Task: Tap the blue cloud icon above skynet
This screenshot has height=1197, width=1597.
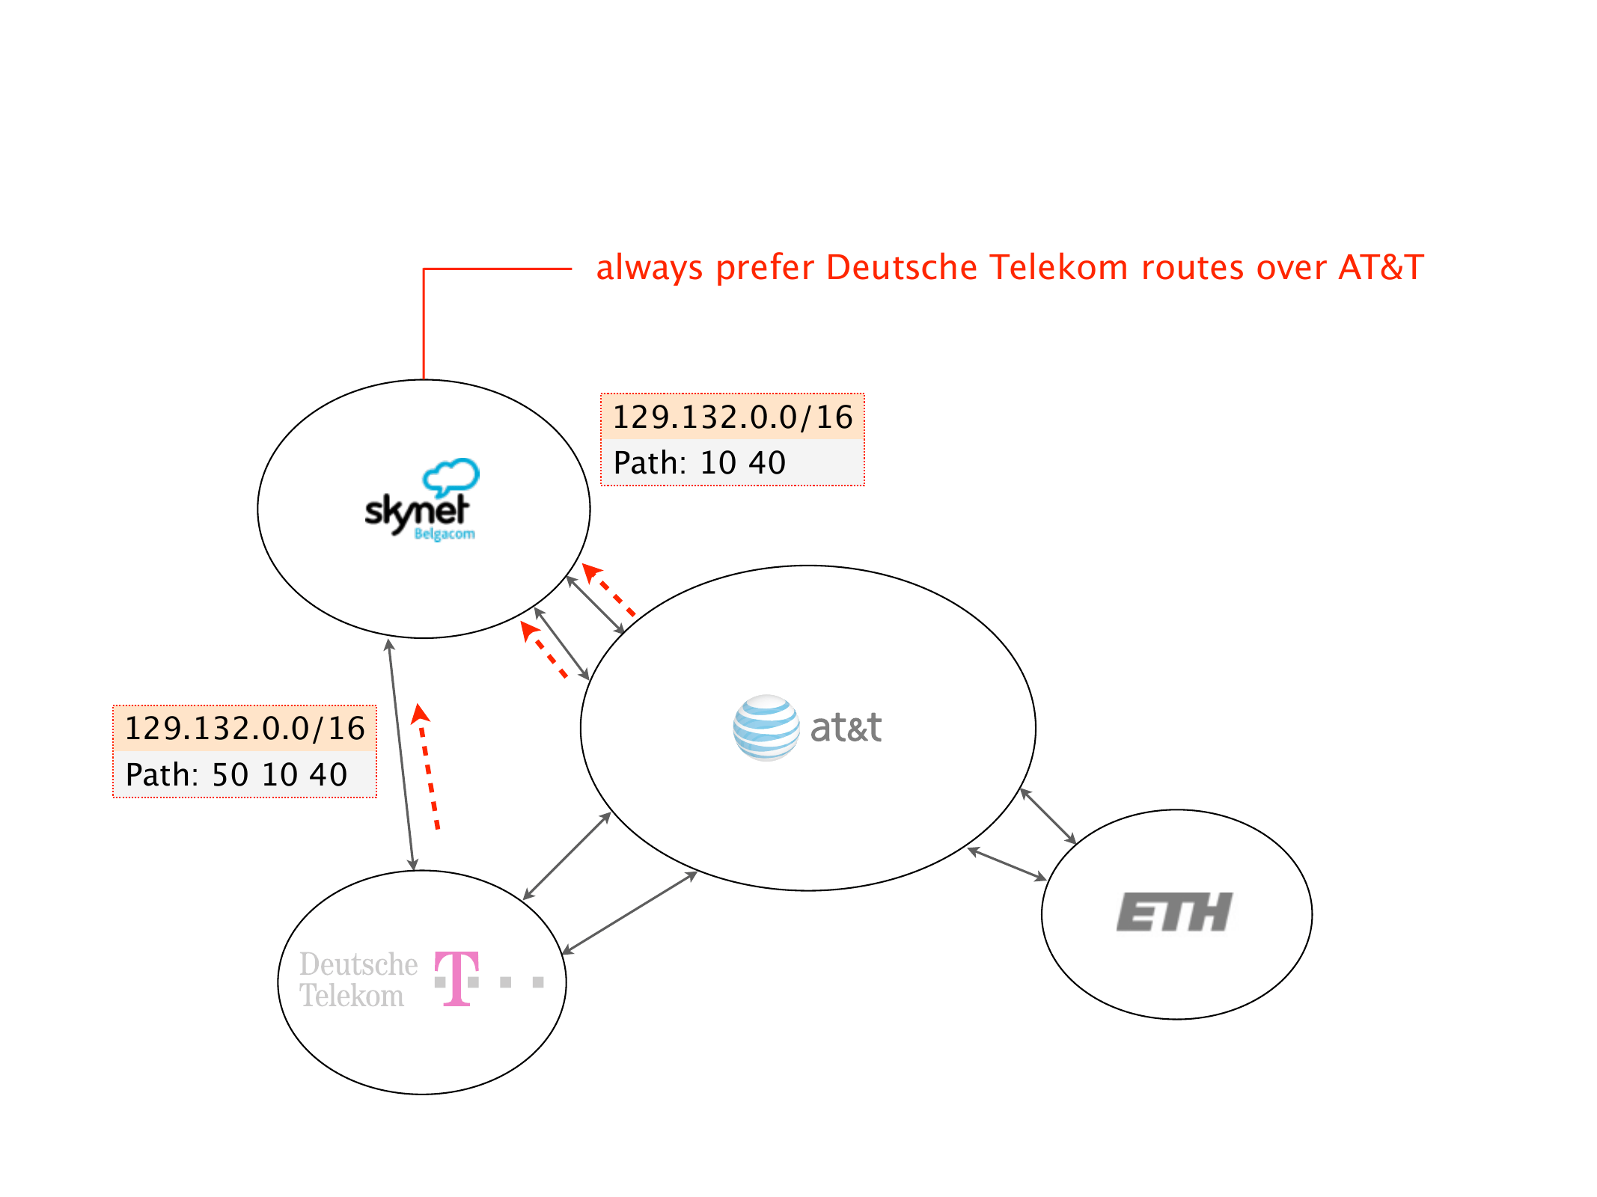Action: click(451, 476)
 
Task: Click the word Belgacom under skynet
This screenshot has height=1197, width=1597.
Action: click(445, 534)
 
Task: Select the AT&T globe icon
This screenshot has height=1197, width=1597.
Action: click(766, 727)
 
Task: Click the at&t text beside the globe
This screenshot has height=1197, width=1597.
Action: click(846, 728)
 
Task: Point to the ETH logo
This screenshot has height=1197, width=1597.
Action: click(1174, 912)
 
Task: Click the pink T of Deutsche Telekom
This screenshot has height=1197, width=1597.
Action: click(456, 978)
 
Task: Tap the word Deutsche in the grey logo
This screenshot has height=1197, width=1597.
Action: click(358, 964)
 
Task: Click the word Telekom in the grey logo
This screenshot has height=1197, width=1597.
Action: click(352, 997)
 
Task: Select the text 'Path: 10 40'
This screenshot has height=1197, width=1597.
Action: click(699, 463)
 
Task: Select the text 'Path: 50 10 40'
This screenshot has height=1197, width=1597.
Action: click(236, 775)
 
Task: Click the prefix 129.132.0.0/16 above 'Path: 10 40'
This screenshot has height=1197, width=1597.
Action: click(732, 417)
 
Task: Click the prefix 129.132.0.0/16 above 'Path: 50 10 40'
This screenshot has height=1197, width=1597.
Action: click(244, 729)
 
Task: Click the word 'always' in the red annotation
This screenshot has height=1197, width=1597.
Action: click(649, 269)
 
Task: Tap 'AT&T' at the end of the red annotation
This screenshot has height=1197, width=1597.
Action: click(1381, 267)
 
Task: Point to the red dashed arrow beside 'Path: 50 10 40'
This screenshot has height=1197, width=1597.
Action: click(428, 767)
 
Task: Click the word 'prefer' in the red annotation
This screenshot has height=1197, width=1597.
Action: click(764, 269)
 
